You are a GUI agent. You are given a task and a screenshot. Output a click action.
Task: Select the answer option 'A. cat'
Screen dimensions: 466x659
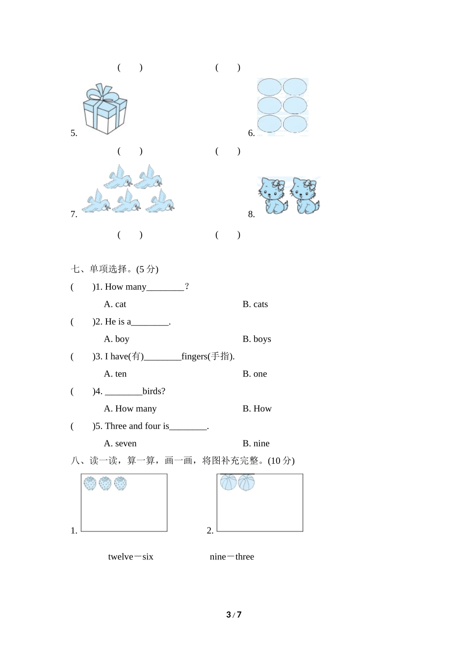pos(115,304)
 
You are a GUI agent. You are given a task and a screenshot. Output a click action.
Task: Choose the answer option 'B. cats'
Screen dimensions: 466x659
pos(255,304)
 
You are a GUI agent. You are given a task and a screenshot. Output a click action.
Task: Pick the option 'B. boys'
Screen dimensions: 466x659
pos(257,339)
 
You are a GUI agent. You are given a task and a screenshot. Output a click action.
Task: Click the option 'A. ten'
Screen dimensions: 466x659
pos(115,374)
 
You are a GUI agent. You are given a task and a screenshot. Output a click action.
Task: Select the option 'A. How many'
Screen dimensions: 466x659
pos(130,409)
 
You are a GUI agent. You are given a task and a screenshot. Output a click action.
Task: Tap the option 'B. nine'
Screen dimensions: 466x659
pos(256,444)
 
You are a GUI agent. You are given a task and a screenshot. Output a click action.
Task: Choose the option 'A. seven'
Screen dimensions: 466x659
pos(120,444)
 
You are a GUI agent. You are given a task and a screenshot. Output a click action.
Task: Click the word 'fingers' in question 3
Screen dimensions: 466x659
pos(194,356)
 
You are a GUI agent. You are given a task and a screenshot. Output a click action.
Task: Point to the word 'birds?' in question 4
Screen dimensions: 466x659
pos(154,391)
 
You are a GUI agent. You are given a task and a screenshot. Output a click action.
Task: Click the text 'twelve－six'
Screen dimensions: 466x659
pos(130,557)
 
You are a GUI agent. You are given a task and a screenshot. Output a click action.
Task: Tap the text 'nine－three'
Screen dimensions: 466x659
pos(232,557)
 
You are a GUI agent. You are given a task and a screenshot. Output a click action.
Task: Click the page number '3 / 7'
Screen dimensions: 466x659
pos(233,615)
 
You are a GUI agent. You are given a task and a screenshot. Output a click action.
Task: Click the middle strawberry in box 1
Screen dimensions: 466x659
pos(105,483)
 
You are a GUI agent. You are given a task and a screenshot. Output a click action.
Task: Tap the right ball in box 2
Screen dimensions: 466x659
pos(246,482)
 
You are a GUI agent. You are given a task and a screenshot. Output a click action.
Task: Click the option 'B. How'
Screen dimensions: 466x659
pos(257,409)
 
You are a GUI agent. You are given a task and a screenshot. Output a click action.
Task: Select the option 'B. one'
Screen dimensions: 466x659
pos(255,374)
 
